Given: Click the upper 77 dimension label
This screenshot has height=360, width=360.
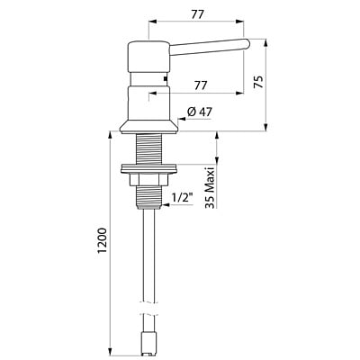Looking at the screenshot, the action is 197,14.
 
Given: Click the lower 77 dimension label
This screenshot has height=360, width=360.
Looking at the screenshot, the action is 201,85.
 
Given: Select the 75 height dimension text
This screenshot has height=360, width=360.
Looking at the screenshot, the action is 259,81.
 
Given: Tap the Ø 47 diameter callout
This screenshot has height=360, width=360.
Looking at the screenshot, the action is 199,112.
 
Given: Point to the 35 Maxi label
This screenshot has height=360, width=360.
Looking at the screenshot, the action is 210,188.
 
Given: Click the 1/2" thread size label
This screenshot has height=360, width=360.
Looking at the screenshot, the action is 182,198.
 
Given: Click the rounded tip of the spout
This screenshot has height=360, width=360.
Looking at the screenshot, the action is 247,43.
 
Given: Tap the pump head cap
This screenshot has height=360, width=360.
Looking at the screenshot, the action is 149,56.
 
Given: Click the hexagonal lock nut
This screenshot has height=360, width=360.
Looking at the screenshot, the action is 149,180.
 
